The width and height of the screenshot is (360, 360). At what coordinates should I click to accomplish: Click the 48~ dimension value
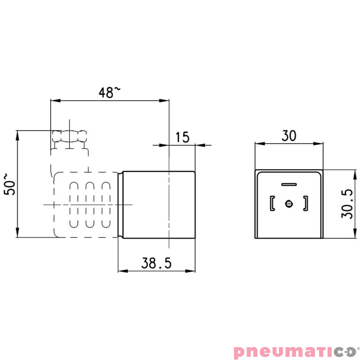109,92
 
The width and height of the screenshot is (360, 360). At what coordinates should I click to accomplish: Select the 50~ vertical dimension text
10,184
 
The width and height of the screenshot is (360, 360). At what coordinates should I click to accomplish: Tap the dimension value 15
182,137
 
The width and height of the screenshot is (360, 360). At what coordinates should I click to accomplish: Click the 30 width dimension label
289,135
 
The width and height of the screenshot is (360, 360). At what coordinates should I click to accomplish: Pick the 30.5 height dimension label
346,203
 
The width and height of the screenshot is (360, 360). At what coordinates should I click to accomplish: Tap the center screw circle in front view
289,204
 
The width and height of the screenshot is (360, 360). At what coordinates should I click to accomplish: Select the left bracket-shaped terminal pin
271,204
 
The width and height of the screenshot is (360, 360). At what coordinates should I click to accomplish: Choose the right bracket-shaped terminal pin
306,204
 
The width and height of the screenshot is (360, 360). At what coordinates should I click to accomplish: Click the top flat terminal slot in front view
288,184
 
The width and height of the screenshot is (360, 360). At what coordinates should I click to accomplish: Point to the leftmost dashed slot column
73,204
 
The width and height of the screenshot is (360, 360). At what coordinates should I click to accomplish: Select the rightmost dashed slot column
106,204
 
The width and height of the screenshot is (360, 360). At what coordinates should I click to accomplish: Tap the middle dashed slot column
90,204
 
